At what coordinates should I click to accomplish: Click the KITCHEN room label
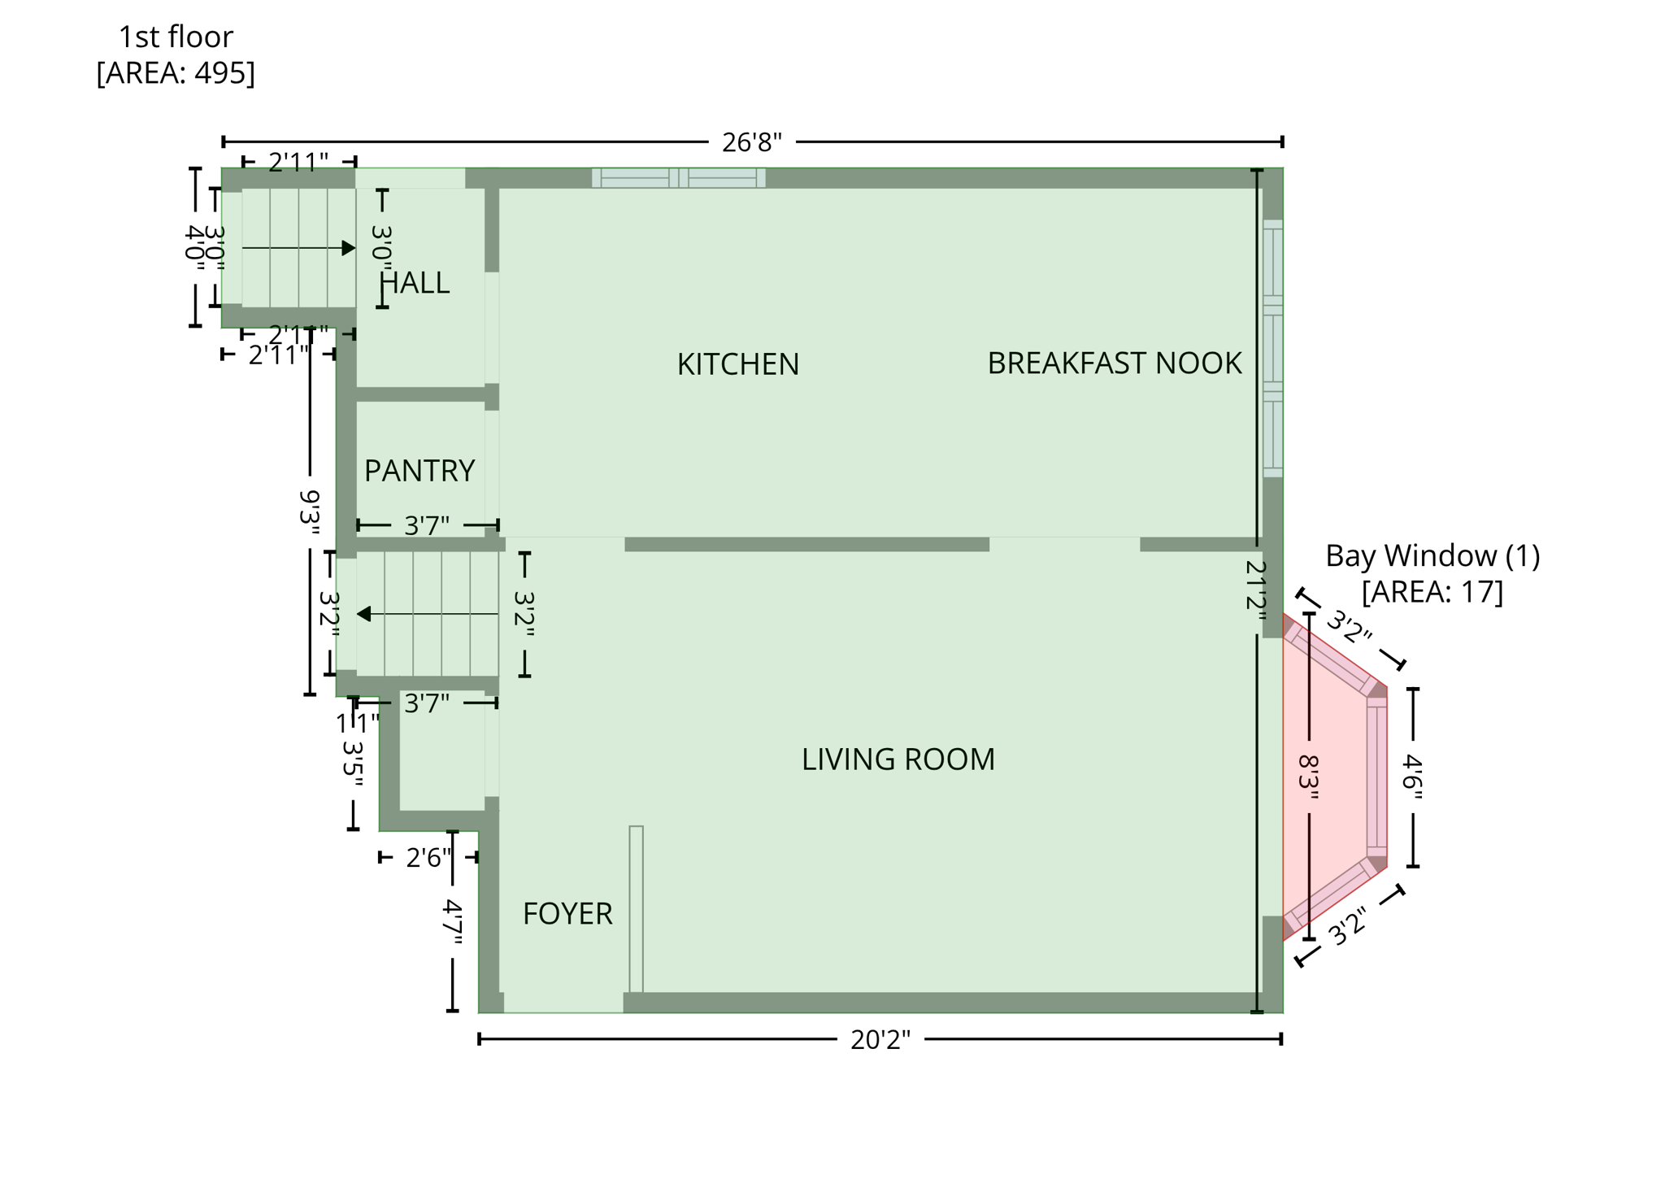pyautogui.click(x=737, y=363)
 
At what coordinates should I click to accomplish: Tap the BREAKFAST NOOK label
pyautogui.click(x=1114, y=363)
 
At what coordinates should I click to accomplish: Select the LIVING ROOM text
pyautogui.click(x=898, y=759)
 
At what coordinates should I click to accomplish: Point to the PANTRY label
pyautogui.click(x=419, y=470)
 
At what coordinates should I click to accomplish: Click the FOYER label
pyautogui.click(x=567, y=913)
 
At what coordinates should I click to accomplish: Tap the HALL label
pyautogui.click(x=415, y=282)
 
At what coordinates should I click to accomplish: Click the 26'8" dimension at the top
pyautogui.click(x=751, y=142)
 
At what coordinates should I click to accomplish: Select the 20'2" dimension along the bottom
pyautogui.click(x=880, y=1040)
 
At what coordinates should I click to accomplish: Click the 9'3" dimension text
pyautogui.click(x=310, y=511)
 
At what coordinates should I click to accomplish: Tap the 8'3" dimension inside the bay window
pyautogui.click(x=1307, y=777)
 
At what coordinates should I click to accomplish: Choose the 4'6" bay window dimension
pyautogui.click(x=1412, y=777)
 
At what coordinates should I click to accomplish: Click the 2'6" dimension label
pyautogui.click(x=428, y=857)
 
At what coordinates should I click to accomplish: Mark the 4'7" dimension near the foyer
pyautogui.click(x=452, y=922)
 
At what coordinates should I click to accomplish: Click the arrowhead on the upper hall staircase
pyautogui.click(x=349, y=248)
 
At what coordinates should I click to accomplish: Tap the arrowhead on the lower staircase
pyautogui.click(x=364, y=614)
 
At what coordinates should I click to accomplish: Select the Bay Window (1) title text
pyautogui.click(x=1432, y=555)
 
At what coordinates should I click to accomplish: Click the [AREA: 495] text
pyautogui.click(x=176, y=72)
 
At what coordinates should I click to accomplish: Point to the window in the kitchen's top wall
pyautogui.click(x=678, y=178)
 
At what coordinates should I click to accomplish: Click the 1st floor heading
pyautogui.click(x=176, y=37)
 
